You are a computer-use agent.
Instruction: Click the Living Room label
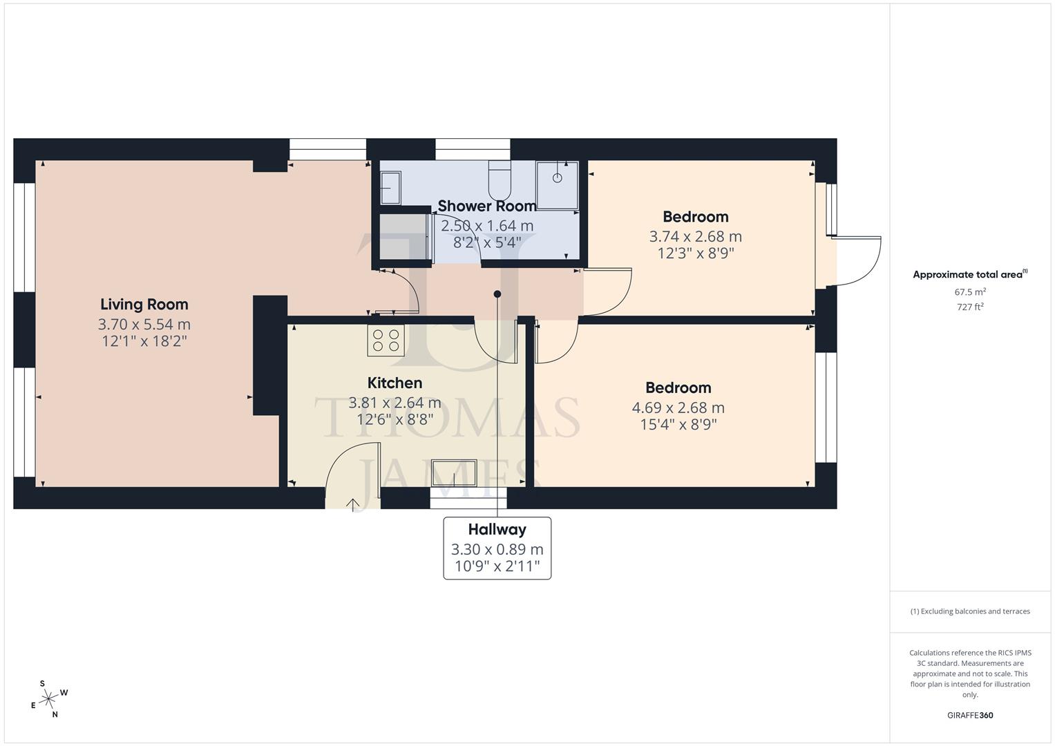coord(144,305)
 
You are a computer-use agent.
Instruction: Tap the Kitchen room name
coord(395,383)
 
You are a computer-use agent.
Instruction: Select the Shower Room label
coord(487,206)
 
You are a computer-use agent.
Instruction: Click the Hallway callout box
coord(497,548)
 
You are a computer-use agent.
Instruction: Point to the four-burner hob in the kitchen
coord(386,341)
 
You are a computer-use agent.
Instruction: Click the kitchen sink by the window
coord(454,474)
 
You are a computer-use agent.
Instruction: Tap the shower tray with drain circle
coord(557,184)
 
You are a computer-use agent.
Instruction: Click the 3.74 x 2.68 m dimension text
coord(695,236)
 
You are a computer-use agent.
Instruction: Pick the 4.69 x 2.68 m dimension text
coord(678,408)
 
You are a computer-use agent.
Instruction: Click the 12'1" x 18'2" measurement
coord(143,341)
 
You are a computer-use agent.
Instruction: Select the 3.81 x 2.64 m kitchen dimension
coord(395,402)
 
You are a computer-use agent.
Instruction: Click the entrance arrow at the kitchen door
coord(353,504)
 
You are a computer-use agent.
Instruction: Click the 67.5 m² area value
coord(970,292)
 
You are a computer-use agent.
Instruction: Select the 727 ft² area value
coord(970,307)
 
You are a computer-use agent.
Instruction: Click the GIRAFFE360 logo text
coord(970,716)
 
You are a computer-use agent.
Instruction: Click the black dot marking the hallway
coord(497,294)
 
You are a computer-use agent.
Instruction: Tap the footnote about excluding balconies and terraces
coord(970,611)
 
